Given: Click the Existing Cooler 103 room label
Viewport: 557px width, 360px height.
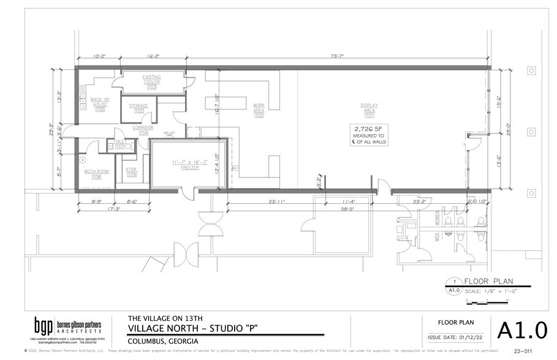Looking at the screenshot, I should coord(151,82).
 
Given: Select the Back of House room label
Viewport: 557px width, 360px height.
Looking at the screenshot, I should coord(100,104).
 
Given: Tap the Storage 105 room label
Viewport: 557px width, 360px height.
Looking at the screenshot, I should coord(138,108).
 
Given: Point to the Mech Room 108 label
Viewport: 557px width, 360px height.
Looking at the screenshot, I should coord(96,174).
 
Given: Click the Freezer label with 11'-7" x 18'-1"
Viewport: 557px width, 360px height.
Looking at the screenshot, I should coord(189,165).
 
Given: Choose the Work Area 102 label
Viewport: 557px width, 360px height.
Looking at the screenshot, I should coord(259,110).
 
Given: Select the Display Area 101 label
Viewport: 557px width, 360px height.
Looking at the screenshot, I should coord(369,110).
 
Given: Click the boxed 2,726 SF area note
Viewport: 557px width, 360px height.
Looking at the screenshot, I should coord(368,135).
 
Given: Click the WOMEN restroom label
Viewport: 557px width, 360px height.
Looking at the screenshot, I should coord(437,219).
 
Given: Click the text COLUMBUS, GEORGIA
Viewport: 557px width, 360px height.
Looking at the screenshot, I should coord(162,340).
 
